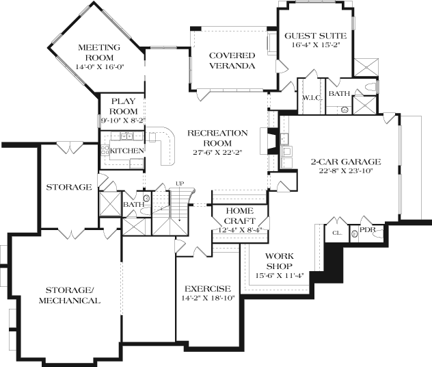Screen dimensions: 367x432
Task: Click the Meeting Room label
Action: pyautogui.click(x=99, y=52)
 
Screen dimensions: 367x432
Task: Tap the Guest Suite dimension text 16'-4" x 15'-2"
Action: pyautogui.click(x=315, y=45)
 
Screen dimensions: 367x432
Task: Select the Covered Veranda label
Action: pyautogui.click(x=232, y=60)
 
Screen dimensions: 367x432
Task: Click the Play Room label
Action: pyautogui.click(x=123, y=106)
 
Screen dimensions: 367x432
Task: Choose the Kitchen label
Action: pyautogui.click(x=127, y=151)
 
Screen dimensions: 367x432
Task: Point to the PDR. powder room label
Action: pyautogui.click(x=367, y=230)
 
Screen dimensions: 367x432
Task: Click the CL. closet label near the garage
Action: pyautogui.click(x=337, y=233)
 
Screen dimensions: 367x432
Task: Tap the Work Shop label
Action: pyautogui.click(x=280, y=261)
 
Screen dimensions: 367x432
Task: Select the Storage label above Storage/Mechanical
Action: pyautogui.click(x=69, y=187)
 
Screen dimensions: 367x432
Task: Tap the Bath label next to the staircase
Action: pyautogui.click(x=133, y=204)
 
